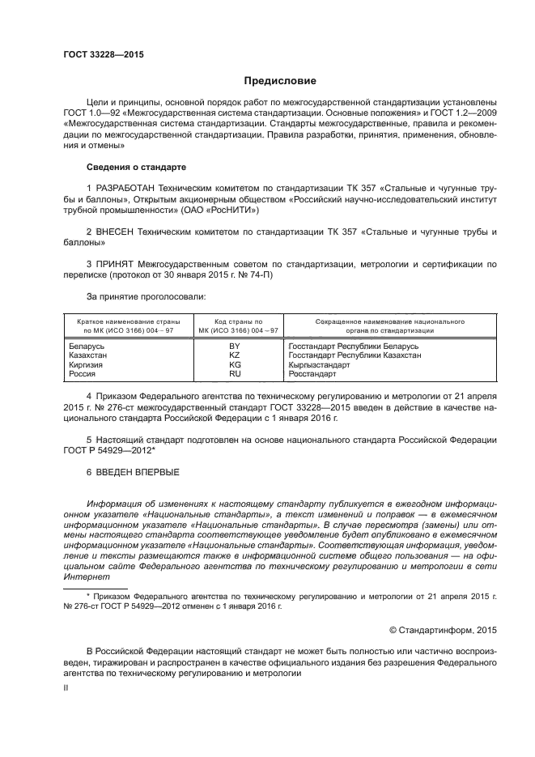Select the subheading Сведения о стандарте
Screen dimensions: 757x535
click(136, 167)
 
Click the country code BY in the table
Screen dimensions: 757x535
click(235, 347)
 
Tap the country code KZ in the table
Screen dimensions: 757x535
click(235, 355)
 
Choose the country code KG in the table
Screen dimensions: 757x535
click(235, 365)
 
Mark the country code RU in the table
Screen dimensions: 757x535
click(235, 374)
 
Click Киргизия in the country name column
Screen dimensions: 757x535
click(87, 365)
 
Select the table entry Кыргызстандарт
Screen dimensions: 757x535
click(320, 365)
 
